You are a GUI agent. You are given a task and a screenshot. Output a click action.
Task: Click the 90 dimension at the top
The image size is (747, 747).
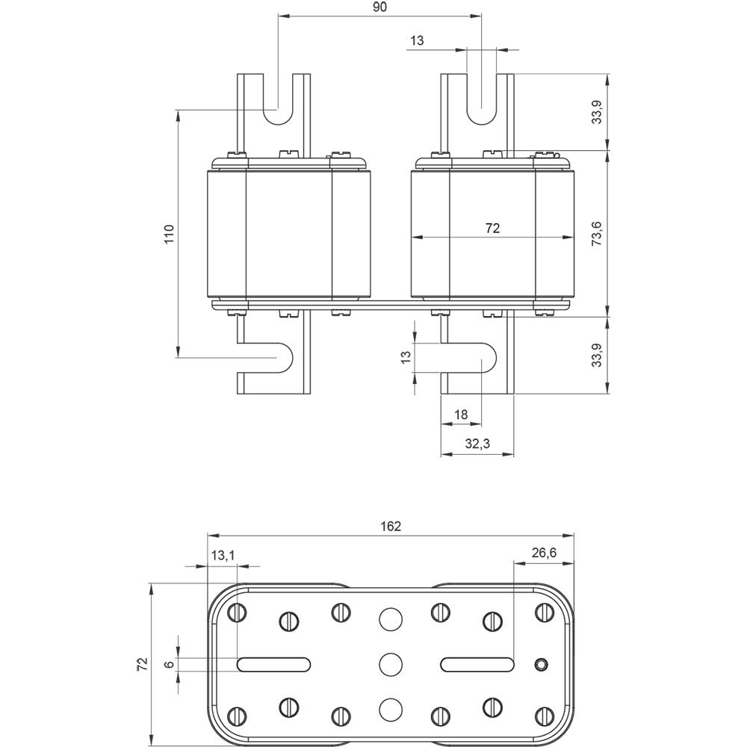[x=379, y=7]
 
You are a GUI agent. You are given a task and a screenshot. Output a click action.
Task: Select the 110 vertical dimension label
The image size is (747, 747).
[x=169, y=234]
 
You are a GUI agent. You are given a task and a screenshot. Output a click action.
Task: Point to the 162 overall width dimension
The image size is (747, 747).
[x=390, y=526]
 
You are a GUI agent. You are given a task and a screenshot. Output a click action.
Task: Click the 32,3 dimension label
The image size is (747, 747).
[x=477, y=443]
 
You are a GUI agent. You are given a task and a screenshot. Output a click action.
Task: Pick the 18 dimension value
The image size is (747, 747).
[x=461, y=415]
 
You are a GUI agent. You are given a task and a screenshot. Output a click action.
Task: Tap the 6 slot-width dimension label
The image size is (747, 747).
[x=170, y=663]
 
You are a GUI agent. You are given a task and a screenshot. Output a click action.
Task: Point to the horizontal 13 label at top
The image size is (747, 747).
[x=417, y=41]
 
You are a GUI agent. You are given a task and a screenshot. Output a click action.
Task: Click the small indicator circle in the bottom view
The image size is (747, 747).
[x=542, y=663]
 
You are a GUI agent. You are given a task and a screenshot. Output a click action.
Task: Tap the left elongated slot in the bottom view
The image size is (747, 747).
[x=273, y=663]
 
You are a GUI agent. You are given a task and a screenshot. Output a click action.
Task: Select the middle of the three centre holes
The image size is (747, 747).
[x=389, y=663]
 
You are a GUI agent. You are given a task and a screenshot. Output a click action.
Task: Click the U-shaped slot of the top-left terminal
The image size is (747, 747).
[x=279, y=108]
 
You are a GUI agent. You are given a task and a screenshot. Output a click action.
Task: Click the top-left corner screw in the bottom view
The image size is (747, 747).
[x=239, y=613]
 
